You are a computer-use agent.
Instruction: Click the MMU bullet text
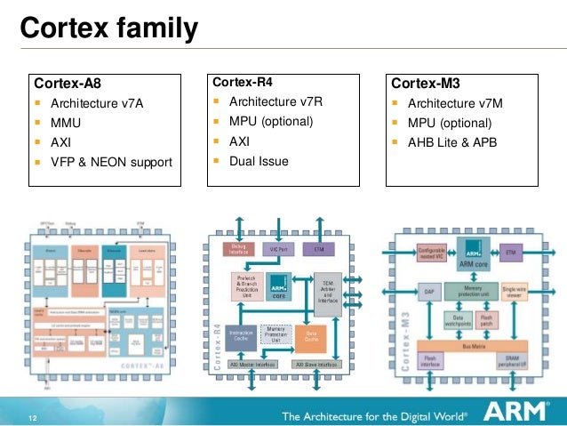(66, 123)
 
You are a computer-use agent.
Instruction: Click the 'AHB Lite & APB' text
(452, 142)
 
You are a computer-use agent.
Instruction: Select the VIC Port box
(281, 248)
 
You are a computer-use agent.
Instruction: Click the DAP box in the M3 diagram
(427, 289)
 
